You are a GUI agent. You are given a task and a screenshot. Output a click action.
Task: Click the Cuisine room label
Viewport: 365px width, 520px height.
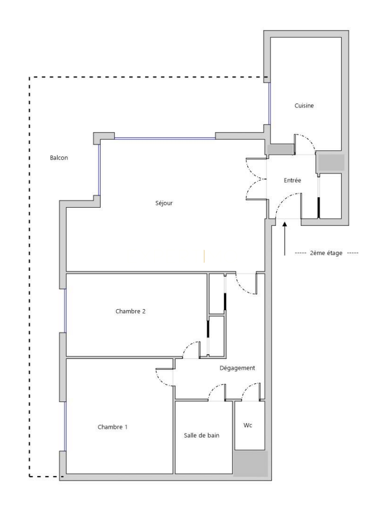click(304, 106)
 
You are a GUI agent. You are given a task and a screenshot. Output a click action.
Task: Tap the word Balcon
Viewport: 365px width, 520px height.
click(59, 157)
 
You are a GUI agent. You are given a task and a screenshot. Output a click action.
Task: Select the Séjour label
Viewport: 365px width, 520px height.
click(164, 203)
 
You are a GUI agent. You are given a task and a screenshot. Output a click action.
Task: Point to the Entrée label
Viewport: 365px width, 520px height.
click(292, 180)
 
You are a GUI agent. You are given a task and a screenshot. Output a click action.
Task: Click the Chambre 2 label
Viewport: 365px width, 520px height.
click(130, 311)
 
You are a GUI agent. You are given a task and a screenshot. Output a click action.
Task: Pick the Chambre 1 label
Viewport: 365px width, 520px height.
click(113, 427)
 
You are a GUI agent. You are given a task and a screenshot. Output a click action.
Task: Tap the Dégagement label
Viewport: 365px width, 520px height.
click(237, 368)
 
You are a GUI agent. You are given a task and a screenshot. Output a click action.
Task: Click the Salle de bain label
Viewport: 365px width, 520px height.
click(202, 436)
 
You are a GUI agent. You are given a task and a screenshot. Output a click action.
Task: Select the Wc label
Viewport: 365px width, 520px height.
click(248, 425)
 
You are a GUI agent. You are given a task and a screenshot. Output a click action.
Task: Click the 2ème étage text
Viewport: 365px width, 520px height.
click(326, 253)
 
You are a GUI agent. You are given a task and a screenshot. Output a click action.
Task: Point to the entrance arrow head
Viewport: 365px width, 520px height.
click(285, 225)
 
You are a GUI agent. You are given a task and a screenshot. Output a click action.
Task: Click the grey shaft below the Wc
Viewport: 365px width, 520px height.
click(250, 464)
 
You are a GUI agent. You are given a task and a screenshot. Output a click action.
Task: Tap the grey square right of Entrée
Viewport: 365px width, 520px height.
click(331, 163)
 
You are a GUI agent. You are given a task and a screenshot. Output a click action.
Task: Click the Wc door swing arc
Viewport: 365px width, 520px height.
click(247, 388)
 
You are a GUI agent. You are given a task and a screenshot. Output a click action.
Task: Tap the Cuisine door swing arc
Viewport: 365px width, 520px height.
click(310, 140)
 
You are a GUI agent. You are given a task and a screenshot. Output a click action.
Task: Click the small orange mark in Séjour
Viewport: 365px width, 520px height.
click(204, 256)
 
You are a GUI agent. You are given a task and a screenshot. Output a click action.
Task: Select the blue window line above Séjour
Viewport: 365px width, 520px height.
click(165, 138)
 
